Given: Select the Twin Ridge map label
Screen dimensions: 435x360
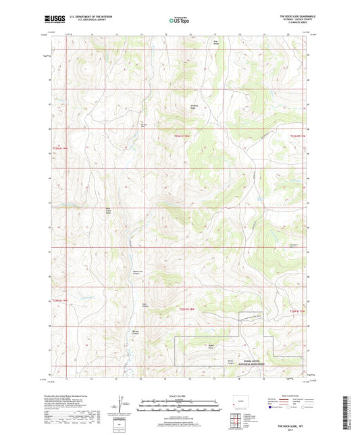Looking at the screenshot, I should [217, 59].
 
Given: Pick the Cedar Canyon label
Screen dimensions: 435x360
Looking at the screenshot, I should [143, 303].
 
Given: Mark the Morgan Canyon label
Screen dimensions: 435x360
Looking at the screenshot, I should [136, 333].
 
